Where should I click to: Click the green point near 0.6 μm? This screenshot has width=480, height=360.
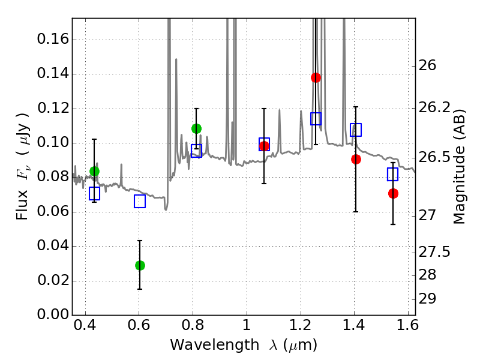pos(140,265)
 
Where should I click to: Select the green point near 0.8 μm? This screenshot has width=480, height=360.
pos(197,128)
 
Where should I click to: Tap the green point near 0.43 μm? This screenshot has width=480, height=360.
pos(94,171)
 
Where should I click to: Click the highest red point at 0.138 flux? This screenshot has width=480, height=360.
pos(316,78)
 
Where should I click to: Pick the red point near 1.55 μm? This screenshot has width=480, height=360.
pos(393,193)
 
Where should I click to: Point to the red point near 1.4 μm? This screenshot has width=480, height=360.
pos(356,159)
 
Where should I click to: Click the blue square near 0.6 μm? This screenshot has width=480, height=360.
pos(140,201)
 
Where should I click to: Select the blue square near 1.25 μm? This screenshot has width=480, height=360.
pos(316,119)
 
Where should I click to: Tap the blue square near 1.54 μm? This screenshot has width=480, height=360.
pos(393,174)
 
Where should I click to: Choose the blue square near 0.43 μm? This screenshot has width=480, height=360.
pos(94,193)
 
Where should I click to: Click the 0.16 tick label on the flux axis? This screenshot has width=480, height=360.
pos(53,39)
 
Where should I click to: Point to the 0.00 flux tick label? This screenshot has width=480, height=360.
pos(53,314)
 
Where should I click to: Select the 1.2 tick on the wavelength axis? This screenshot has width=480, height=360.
pos(301,325)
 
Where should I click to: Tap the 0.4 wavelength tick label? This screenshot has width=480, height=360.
pos(85,325)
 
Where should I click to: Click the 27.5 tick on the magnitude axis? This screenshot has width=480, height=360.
pos(434,252)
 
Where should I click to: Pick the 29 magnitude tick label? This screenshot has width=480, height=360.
pos(427,298)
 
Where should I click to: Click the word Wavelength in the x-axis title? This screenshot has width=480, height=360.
pos(215,344)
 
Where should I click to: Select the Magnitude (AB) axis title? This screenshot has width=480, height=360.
pos(459,167)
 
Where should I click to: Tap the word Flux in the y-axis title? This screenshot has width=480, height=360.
pos(22,205)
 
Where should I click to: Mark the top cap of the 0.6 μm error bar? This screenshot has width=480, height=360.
pos(140,241)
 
